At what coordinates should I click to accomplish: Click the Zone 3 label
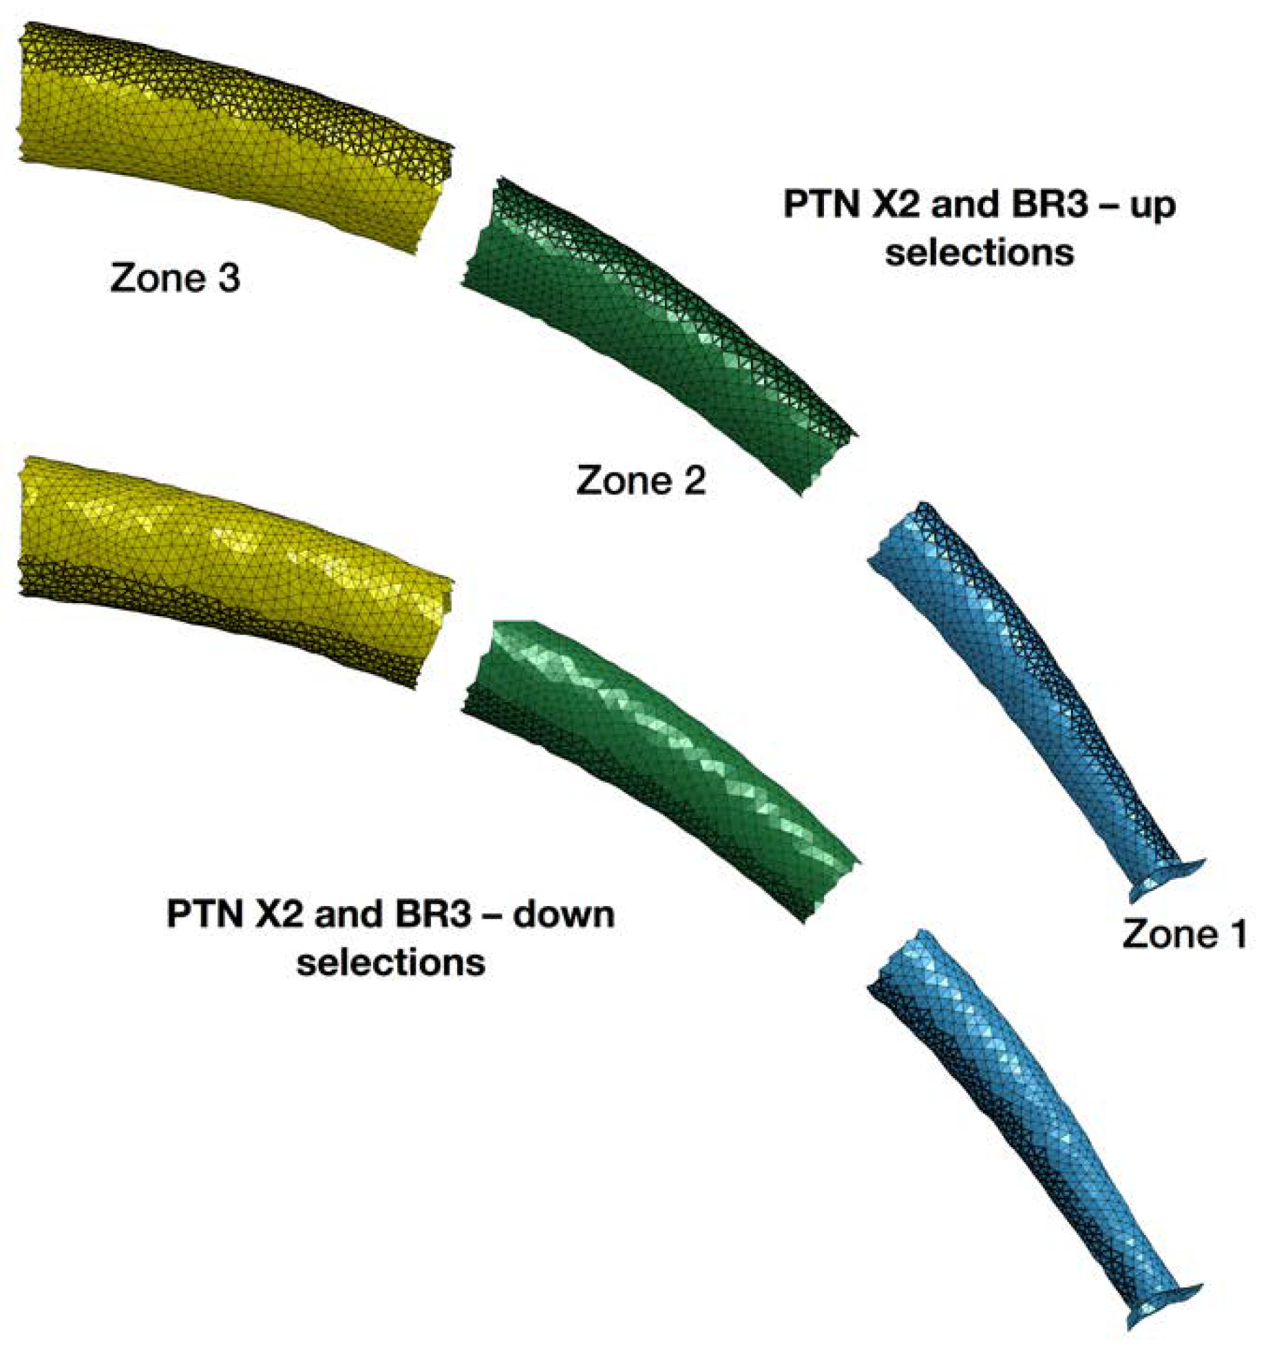pos(175,278)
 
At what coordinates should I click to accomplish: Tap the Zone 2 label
pos(641,480)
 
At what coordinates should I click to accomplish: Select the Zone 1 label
pos(1184,934)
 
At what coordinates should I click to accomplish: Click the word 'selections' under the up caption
pos(979,253)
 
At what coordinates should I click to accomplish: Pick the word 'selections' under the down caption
pos(390,963)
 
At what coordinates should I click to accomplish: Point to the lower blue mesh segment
pos(1019,1115)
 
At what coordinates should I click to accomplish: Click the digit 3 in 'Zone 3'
pos(229,278)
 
